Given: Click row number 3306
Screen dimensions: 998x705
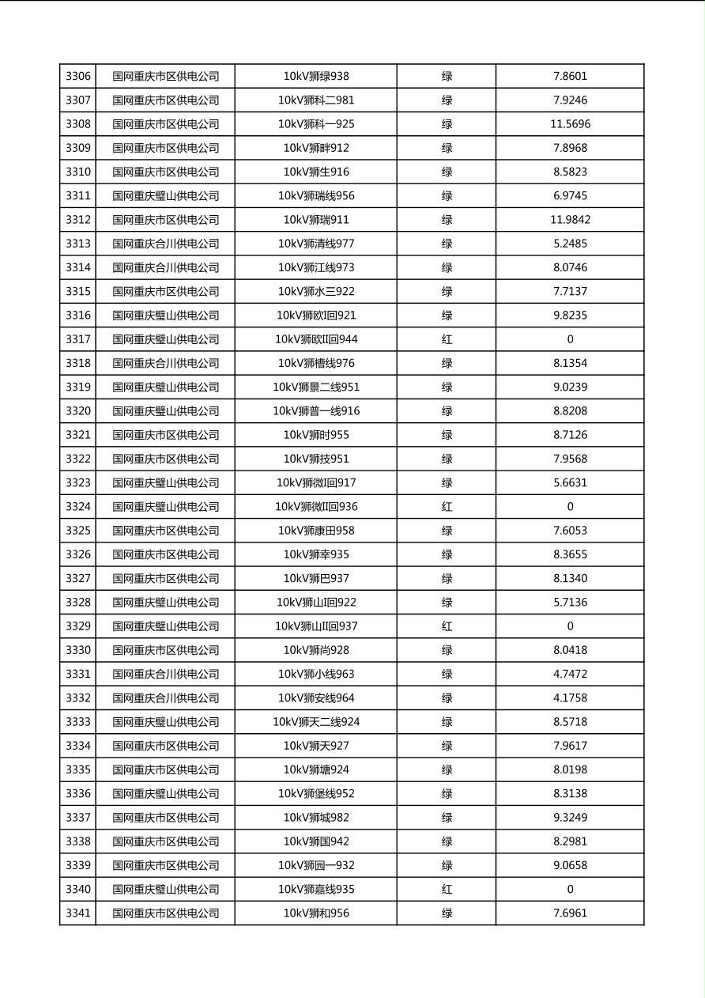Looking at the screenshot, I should pyautogui.click(x=78, y=77).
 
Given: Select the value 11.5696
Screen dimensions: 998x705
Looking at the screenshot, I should pyautogui.click(x=570, y=124).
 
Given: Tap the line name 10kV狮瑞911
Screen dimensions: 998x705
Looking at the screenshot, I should pyautogui.click(x=316, y=220).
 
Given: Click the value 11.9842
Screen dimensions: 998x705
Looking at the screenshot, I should pyautogui.click(x=570, y=220).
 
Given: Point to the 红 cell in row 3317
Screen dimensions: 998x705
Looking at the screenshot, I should pyautogui.click(x=447, y=339).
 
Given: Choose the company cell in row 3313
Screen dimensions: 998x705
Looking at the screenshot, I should pyautogui.click(x=165, y=244).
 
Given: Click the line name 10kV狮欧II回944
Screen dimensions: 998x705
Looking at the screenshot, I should pyautogui.click(x=316, y=339).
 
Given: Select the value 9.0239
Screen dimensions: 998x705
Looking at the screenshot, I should pyautogui.click(x=570, y=387).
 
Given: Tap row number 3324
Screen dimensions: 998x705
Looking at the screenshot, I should pyautogui.click(x=78, y=506).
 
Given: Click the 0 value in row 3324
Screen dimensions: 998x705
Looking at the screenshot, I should pyautogui.click(x=570, y=506).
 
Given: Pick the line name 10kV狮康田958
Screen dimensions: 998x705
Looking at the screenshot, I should pyautogui.click(x=316, y=531).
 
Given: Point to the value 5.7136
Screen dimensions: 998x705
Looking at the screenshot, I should pyautogui.click(x=570, y=602).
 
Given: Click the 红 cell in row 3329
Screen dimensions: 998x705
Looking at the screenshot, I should pyautogui.click(x=447, y=626).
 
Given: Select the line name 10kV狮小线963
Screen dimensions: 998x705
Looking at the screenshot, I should pyautogui.click(x=316, y=674).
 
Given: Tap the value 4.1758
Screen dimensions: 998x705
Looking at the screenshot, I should pyautogui.click(x=570, y=697).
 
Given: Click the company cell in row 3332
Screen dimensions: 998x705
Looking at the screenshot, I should pyautogui.click(x=165, y=697).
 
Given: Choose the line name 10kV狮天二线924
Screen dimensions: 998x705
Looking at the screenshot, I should pyautogui.click(x=316, y=722).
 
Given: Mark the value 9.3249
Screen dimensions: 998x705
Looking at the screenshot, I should pyautogui.click(x=570, y=817).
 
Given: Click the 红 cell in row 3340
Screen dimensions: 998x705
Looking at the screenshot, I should pyautogui.click(x=447, y=889).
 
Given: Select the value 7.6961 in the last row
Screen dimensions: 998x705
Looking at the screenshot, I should pyautogui.click(x=570, y=913).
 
